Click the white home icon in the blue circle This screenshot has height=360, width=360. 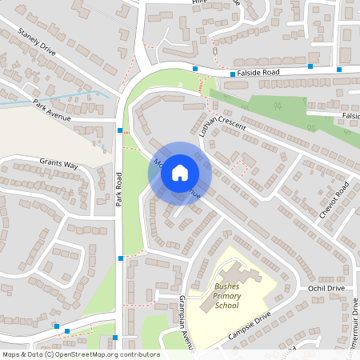[x=180, y=173]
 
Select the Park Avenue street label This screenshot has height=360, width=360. [x=52, y=110]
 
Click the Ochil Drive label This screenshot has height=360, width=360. [x=325, y=287]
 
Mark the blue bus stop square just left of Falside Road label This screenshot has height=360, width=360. [x=233, y=74]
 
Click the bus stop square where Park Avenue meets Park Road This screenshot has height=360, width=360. [x=120, y=130]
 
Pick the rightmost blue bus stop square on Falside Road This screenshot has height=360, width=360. [x=339, y=70]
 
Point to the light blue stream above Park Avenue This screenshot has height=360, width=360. [x=48, y=101]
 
